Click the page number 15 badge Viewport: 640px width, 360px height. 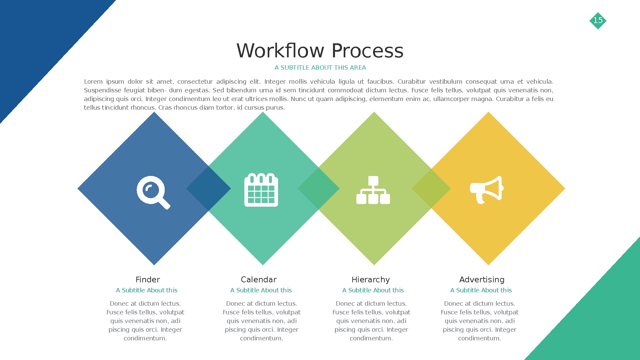[598, 21]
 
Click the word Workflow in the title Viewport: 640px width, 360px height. [280, 51]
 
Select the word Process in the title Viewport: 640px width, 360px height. [367, 51]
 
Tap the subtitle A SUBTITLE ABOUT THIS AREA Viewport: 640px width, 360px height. [320, 68]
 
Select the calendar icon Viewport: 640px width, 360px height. [261, 190]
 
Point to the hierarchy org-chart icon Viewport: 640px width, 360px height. [373, 190]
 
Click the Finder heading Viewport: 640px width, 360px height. [148, 280]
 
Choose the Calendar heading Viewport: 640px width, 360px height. [259, 280]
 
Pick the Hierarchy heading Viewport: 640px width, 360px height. [370, 280]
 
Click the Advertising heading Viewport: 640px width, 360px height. [482, 280]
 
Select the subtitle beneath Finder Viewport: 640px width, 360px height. [147, 290]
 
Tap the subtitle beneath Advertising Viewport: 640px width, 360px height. [481, 290]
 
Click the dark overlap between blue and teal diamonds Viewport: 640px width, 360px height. [208, 189]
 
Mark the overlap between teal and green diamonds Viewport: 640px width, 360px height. [318, 189]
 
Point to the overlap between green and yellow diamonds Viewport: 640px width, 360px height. [431, 189]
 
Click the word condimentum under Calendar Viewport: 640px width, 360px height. [261, 338]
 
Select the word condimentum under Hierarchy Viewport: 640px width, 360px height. [371, 338]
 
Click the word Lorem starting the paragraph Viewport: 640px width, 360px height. [93, 82]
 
